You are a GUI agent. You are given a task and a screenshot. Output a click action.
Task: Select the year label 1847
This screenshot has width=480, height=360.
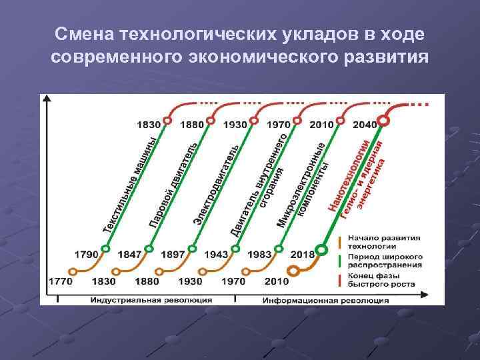pyautogui.click(x=129, y=254)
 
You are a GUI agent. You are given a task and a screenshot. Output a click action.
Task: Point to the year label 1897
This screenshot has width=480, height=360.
pyautogui.click(x=172, y=254)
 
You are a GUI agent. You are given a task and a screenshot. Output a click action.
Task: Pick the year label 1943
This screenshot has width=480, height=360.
pyautogui.click(x=215, y=254)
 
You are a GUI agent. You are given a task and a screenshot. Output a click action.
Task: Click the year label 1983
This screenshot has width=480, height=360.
pyautogui.click(x=259, y=254)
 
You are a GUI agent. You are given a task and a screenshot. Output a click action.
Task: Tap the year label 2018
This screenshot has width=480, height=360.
pyautogui.click(x=302, y=254)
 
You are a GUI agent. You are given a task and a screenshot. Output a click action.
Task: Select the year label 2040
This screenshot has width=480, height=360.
pyautogui.click(x=364, y=125)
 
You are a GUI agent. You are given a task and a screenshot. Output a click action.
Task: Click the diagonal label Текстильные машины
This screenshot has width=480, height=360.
pyautogui.click(x=131, y=185)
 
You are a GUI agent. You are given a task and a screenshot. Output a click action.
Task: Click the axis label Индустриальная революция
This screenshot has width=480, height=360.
pyautogui.click(x=152, y=300)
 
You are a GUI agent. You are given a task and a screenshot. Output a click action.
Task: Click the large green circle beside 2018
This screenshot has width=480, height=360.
pyautogui.click(x=321, y=251)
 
